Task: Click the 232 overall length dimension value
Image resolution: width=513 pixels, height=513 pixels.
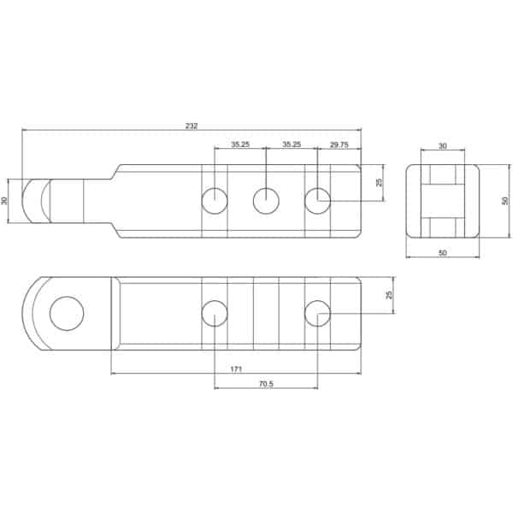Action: pos(192,126)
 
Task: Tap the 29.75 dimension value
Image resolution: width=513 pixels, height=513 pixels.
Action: pos(339,144)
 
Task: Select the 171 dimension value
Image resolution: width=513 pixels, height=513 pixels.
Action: pos(236,369)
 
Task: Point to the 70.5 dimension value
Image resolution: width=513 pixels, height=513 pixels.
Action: pos(266,384)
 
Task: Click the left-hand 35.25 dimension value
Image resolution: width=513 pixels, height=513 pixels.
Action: pos(240,144)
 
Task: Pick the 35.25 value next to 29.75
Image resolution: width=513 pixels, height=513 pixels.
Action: pos(292,144)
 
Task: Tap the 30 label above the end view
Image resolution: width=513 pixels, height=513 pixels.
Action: pos(442,146)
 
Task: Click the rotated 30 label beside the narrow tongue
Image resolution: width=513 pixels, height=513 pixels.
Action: pos(4,201)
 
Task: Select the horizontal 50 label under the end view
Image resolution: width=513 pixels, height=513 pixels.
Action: pos(442,252)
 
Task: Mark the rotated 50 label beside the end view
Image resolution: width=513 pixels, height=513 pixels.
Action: pos(505,201)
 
